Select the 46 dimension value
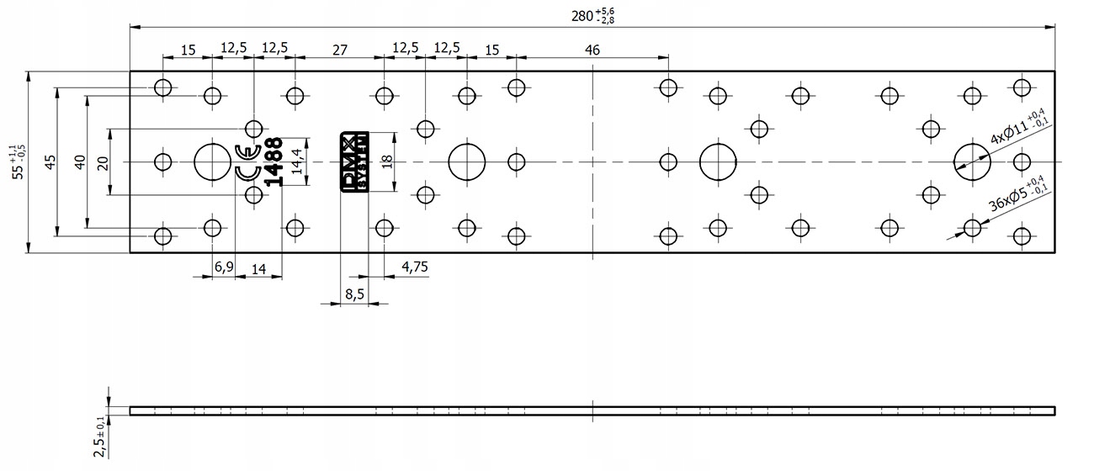click(592, 50)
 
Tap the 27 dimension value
click(339, 50)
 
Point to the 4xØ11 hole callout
click(1016, 129)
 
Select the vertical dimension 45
click(50, 161)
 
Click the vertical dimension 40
click(80, 161)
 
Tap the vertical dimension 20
click(103, 161)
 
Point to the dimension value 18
click(387, 161)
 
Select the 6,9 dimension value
click(224, 267)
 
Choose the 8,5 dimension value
click(354, 294)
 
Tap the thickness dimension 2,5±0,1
click(99, 437)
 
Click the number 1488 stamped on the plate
click(274, 161)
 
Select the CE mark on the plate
click(246, 162)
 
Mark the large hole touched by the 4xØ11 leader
click(971, 161)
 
